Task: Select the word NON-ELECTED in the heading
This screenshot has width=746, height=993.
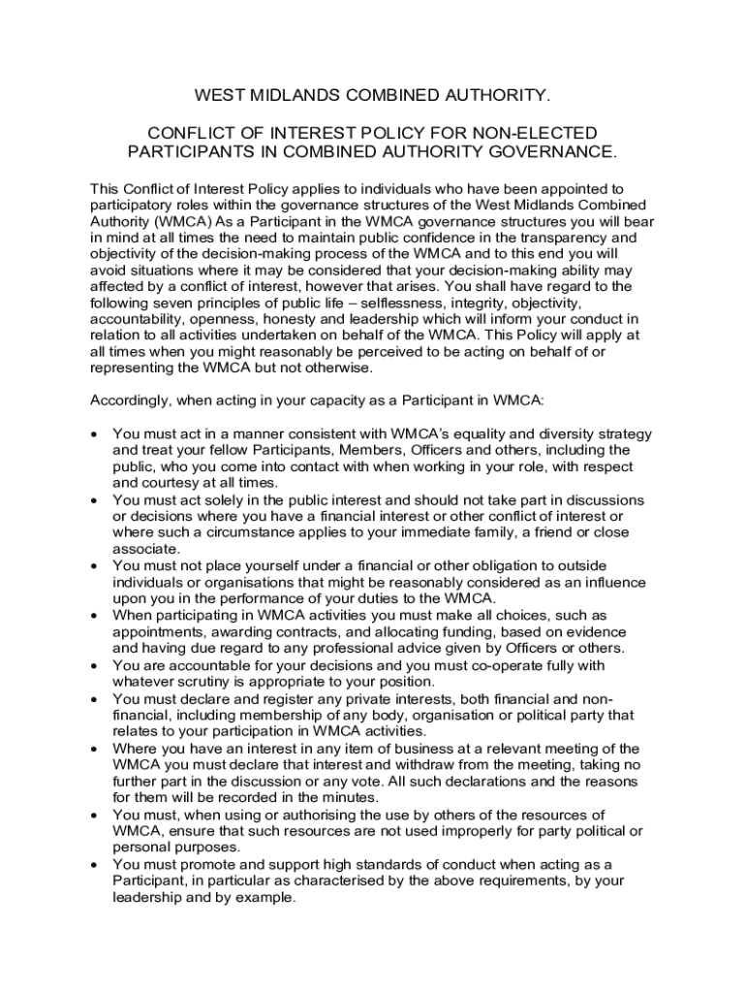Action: click(543, 132)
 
